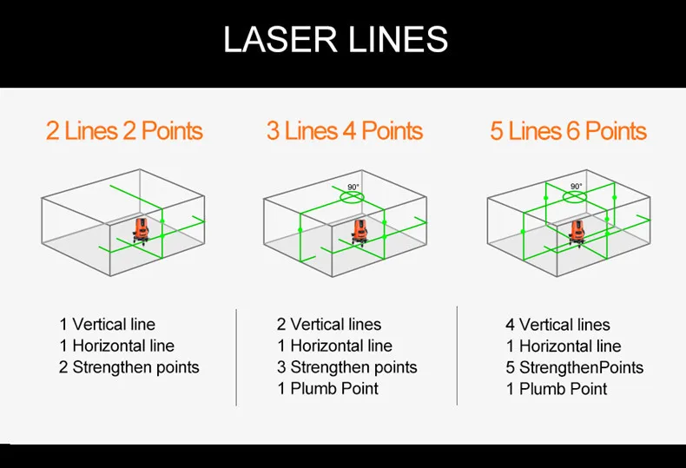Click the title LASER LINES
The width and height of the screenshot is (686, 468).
[x=335, y=39]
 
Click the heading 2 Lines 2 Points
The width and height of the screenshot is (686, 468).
[x=124, y=131]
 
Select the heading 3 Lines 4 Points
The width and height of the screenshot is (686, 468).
[x=345, y=131]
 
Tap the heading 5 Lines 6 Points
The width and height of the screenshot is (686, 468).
[x=568, y=131]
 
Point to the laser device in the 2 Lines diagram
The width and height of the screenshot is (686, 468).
[x=141, y=230]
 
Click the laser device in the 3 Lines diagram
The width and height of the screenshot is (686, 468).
[x=360, y=232]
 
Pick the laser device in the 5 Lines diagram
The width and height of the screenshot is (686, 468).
[x=577, y=233]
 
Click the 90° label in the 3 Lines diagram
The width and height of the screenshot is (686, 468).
[x=353, y=188]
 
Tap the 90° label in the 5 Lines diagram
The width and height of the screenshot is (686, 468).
[x=577, y=187]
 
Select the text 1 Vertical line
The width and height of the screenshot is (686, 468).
[x=107, y=325]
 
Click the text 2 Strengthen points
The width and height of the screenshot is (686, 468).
[x=129, y=367]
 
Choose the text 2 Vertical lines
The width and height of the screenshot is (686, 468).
[x=329, y=325]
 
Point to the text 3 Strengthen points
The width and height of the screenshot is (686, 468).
[x=347, y=367]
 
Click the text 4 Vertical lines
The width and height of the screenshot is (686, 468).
[x=557, y=325]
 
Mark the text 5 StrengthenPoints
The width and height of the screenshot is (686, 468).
[x=575, y=367]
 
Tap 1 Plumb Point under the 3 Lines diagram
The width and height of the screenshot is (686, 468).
[x=328, y=388]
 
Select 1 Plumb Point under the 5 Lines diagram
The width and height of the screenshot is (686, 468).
[x=557, y=389]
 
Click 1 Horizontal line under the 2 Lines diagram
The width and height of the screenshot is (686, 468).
[x=117, y=346]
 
